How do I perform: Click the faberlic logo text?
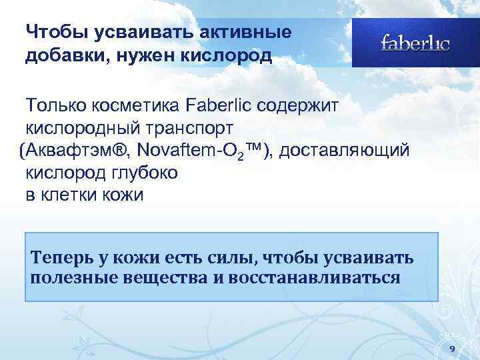[415, 43]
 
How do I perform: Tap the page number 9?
[453, 349]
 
